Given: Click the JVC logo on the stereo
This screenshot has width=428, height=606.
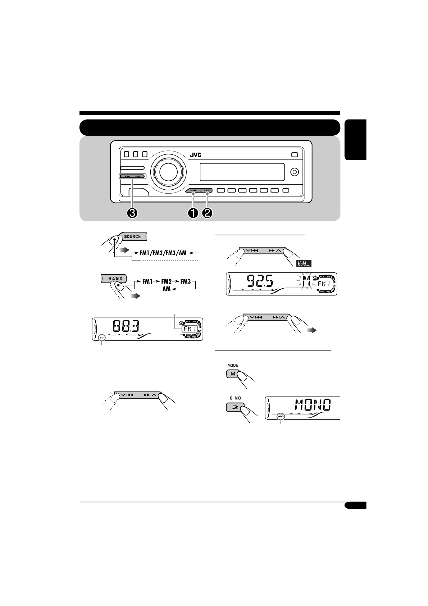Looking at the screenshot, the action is pos(196,155).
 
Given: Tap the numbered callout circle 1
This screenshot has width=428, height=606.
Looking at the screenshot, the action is pos(193,213).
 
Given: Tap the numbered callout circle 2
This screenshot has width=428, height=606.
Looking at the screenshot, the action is pos(207,213).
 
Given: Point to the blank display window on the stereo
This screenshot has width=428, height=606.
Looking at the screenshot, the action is pos(242,172).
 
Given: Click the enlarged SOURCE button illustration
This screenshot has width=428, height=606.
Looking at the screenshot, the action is pos(133,236).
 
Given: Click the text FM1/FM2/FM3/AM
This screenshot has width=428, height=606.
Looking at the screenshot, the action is pos(163,253).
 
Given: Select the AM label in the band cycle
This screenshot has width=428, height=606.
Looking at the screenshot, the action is pos(167,289).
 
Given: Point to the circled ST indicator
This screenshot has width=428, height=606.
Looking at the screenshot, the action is pos(102,338).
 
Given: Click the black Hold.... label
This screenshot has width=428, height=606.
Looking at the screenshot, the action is pos(304,264).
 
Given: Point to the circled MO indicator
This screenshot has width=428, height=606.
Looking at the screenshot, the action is pos(281,416).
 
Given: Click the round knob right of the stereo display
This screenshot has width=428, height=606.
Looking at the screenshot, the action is pos(295,172).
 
